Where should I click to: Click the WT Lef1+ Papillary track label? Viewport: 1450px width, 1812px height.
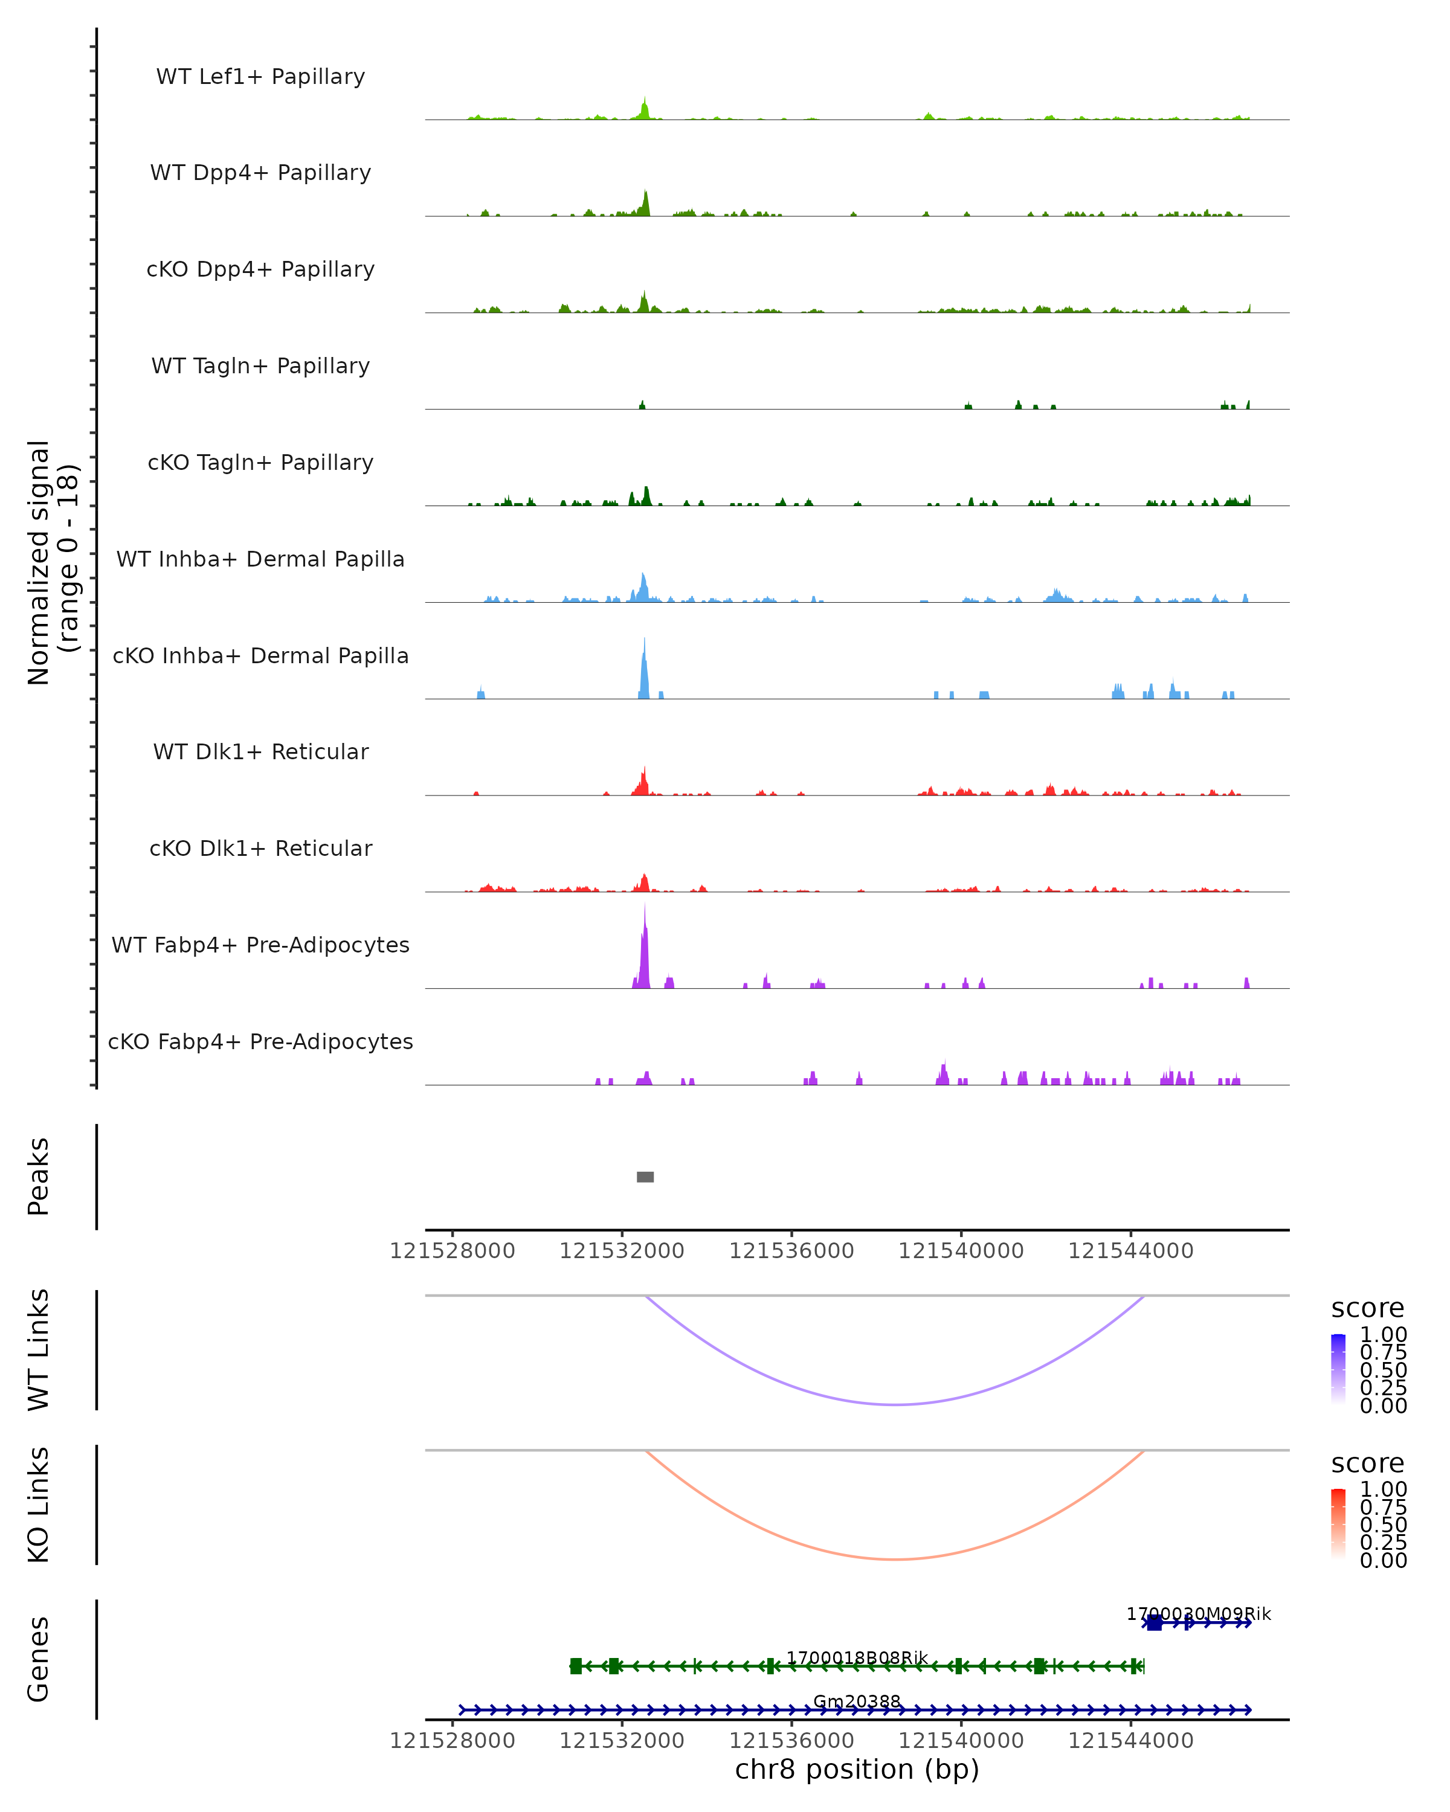260,77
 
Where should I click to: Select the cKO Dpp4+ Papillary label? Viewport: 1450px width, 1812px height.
260,270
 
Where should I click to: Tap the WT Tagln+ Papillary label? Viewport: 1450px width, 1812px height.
260,367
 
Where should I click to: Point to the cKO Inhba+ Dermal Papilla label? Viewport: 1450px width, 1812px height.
260,657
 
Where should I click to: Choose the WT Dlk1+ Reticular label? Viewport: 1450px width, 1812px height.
260,752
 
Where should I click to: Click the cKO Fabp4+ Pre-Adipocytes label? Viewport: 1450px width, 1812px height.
260,1042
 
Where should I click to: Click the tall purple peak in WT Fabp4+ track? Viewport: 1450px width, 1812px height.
645,949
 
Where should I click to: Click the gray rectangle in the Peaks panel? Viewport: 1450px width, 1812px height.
645,1177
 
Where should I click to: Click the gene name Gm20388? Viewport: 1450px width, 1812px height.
857,1701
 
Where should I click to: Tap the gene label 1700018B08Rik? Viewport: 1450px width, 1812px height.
857,1657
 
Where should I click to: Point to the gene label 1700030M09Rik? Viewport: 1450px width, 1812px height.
1198,1614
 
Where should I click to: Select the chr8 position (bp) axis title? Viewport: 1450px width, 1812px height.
857,1769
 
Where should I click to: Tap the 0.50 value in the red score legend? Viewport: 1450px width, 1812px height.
1383,1524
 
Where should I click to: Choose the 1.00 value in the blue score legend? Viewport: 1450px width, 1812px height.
1383,1335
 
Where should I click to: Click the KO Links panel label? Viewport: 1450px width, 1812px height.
39,1505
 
